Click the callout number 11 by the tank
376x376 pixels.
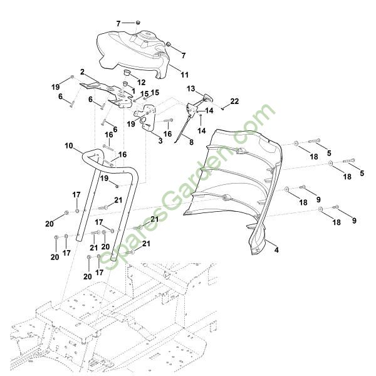pyautogui.click(x=184, y=75)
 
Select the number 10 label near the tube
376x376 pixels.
pyautogui.click(x=69, y=146)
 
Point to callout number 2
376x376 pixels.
pyautogui.click(x=82, y=72)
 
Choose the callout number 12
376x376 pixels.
pyautogui.click(x=141, y=82)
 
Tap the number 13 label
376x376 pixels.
pyautogui.click(x=191, y=88)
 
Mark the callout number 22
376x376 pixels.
pyautogui.click(x=234, y=101)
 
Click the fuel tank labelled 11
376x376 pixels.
pyautogui.click(x=135, y=50)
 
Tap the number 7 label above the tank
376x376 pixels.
pyautogui.click(x=118, y=23)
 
